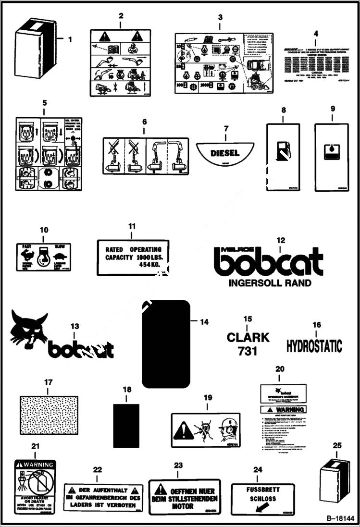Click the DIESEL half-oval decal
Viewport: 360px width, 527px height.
[x=224, y=153]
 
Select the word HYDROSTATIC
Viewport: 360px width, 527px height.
[x=314, y=346]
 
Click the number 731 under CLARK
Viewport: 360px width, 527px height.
[x=248, y=352]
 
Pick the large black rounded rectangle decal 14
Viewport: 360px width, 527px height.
[x=166, y=344]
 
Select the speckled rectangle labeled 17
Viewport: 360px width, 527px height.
[x=47, y=415]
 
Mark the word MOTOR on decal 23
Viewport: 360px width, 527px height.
[x=182, y=506]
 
